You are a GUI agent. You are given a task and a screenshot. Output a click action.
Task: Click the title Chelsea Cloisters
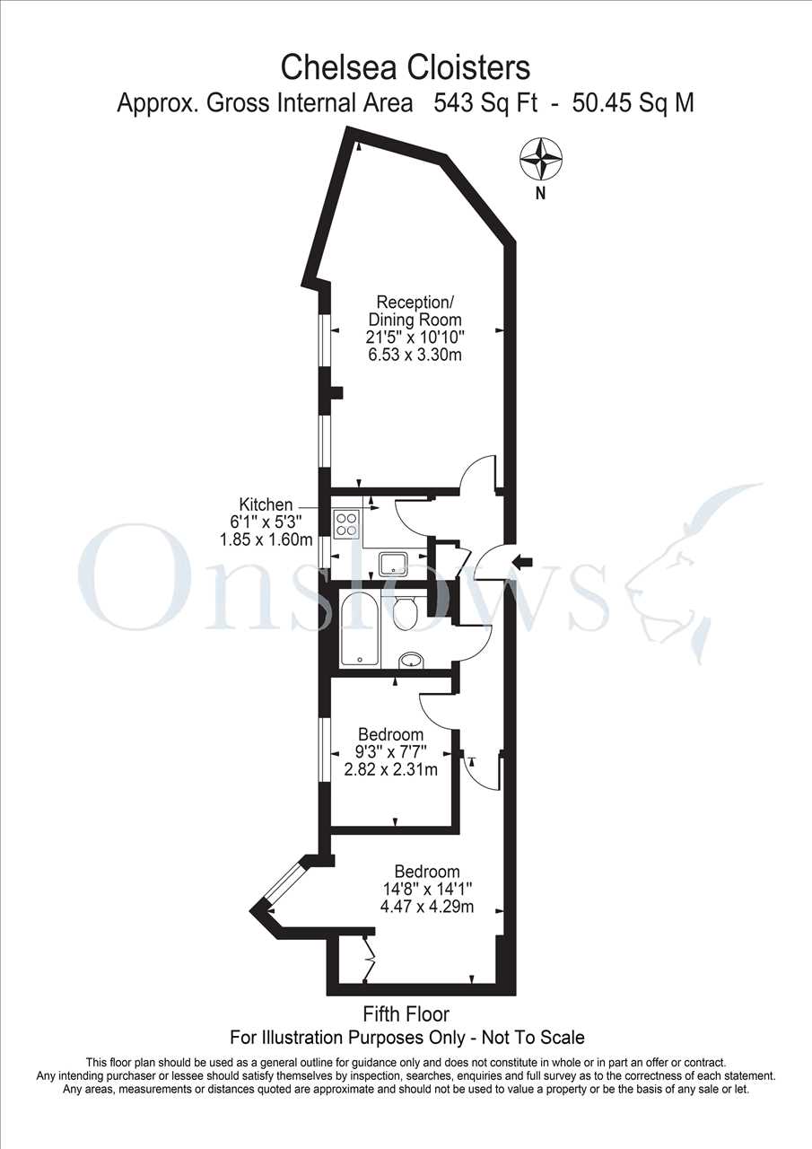[x=405, y=67]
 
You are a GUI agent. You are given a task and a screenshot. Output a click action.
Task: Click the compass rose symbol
[x=541, y=160]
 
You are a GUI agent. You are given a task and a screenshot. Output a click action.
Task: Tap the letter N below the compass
[x=540, y=194]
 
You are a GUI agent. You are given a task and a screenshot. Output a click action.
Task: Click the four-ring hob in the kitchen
[x=346, y=523]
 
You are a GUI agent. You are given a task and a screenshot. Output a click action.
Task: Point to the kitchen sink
[x=394, y=564]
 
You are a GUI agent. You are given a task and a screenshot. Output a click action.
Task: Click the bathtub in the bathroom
[x=361, y=629]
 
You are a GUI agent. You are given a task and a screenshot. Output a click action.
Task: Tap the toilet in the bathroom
[x=405, y=610]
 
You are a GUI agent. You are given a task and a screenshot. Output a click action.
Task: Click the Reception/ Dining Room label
[x=415, y=311]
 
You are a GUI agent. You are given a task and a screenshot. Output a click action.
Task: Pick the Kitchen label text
[x=266, y=504]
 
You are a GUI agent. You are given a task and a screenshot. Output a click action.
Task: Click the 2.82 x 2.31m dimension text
[x=390, y=769]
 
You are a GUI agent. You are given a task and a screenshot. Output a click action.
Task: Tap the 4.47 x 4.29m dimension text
[x=426, y=907]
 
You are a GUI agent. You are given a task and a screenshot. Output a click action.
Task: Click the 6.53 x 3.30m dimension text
[x=415, y=355]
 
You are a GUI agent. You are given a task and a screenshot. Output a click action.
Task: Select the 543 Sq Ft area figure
[x=486, y=103]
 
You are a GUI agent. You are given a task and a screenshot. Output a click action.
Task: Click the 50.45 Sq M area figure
[x=633, y=103]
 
